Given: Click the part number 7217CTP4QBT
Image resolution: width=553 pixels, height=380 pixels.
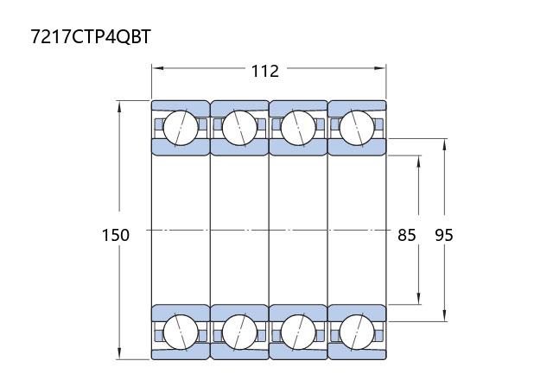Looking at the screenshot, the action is [91, 36].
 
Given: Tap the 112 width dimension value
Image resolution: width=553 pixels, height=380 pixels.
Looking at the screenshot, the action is [265, 71].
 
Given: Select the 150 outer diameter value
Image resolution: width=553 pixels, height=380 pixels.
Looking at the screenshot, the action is [116, 235].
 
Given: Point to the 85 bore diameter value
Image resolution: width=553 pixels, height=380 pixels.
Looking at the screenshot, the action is [407, 235].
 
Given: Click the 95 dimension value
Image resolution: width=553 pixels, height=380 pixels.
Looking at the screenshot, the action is [443, 235].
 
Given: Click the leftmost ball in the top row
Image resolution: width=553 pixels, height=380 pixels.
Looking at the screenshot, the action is [181, 128].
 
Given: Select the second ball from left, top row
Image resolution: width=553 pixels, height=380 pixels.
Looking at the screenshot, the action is [239, 128].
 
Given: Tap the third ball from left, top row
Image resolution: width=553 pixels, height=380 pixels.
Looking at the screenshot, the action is [298, 128].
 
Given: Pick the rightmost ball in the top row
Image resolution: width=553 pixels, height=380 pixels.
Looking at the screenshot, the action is [357, 128].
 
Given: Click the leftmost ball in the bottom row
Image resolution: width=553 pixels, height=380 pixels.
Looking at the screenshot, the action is [181, 332].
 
